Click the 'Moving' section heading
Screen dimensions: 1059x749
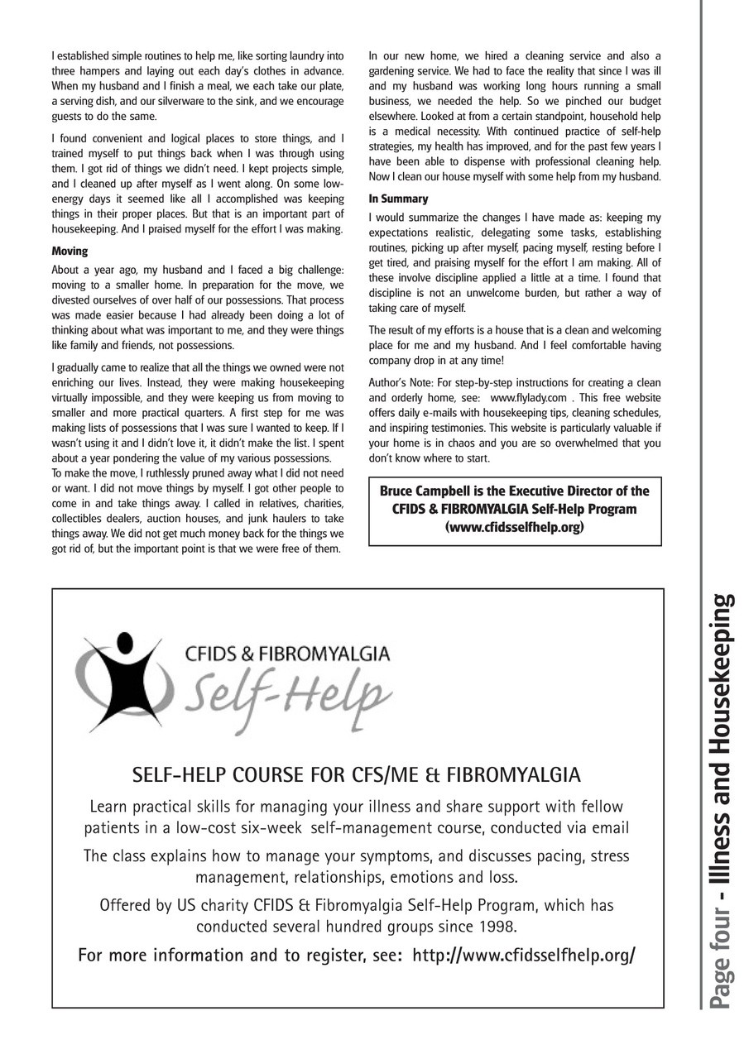pyautogui.click(x=70, y=250)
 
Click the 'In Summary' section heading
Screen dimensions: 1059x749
pyautogui.click(x=398, y=199)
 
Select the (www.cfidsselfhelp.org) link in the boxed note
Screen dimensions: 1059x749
pyautogui.click(x=514, y=526)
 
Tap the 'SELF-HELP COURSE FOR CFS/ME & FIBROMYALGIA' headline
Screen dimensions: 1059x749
pyautogui.click(x=357, y=775)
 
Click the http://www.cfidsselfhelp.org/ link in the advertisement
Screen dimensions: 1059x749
pyautogui.click(x=524, y=955)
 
